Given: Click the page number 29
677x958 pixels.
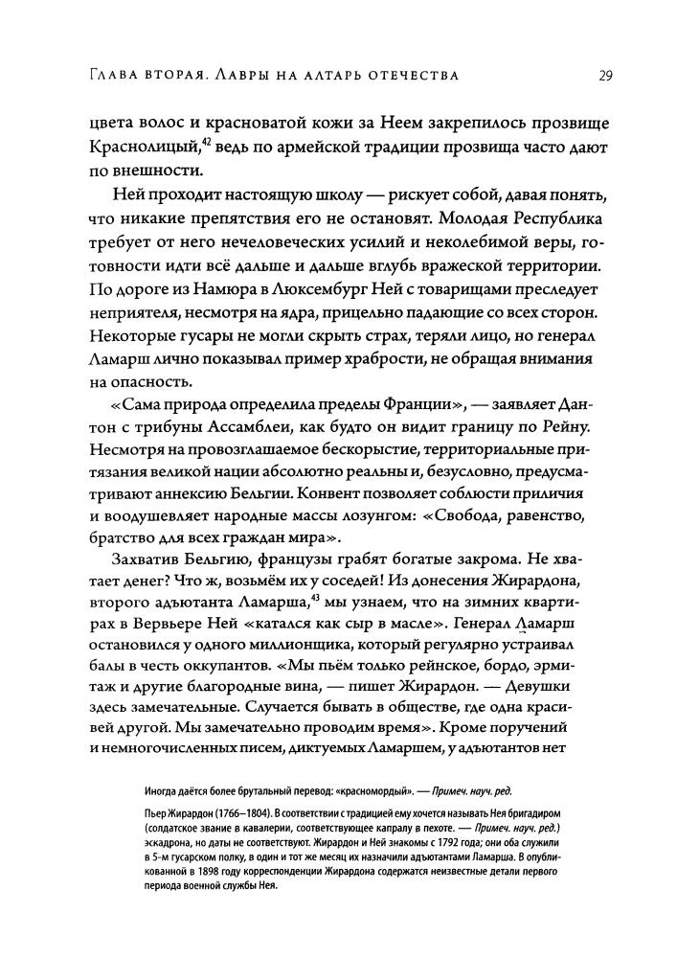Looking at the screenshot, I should [x=607, y=75].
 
